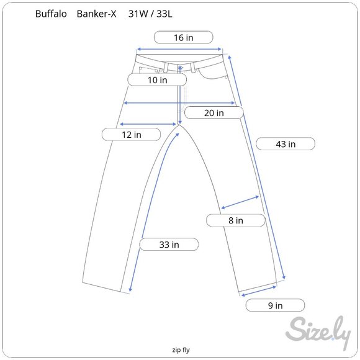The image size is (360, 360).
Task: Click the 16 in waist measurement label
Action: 183,38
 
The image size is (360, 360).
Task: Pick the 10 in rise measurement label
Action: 157,79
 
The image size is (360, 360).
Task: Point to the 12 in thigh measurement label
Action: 131,134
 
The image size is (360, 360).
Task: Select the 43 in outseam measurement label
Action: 286,144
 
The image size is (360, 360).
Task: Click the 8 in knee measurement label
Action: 235,220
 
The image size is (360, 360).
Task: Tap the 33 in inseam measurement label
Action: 169,245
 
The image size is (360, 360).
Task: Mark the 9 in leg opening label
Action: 275,305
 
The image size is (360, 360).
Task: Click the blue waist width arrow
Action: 179,49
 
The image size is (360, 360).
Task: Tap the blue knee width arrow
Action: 240,203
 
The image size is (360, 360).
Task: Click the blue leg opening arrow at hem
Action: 258,290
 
